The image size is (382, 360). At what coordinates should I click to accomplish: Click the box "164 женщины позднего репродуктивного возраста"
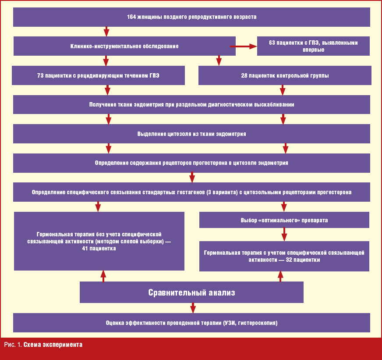[x=191, y=17]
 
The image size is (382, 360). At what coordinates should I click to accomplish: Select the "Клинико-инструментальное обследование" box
[x=124, y=46]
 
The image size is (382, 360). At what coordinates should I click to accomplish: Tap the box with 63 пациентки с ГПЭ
[x=313, y=46]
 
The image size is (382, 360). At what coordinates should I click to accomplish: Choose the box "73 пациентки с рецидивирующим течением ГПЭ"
[x=98, y=75]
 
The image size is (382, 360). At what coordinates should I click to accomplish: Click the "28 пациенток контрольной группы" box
[x=284, y=75]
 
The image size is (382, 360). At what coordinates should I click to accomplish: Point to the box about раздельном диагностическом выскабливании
[x=191, y=105]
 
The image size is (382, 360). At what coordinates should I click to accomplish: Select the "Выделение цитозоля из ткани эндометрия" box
[x=191, y=134]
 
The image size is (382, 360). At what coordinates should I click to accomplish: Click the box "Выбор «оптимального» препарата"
[x=284, y=220]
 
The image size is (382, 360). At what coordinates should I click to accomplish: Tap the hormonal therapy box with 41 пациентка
[x=99, y=241]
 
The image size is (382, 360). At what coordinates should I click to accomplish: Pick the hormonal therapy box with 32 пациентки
[x=284, y=256]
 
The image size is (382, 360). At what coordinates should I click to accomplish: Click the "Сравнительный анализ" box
[x=191, y=292]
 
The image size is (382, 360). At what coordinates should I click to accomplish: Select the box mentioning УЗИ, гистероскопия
[x=191, y=323]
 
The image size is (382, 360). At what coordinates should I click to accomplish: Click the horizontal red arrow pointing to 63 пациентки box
[x=244, y=46]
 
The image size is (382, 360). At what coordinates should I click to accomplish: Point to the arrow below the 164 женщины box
[x=106, y=32]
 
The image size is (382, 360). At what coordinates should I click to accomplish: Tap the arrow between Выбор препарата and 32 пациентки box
[x=284, y=234]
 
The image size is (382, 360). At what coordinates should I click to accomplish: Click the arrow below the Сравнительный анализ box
[x=193, y=308]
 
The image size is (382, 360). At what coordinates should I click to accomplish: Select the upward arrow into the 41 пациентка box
[x=103, y=276]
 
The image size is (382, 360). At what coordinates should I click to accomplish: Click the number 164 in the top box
[x=131, y=17]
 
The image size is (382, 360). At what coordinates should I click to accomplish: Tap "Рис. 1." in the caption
[x=13, y=345]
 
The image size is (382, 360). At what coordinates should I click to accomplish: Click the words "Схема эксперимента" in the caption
[x=53, y=345]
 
